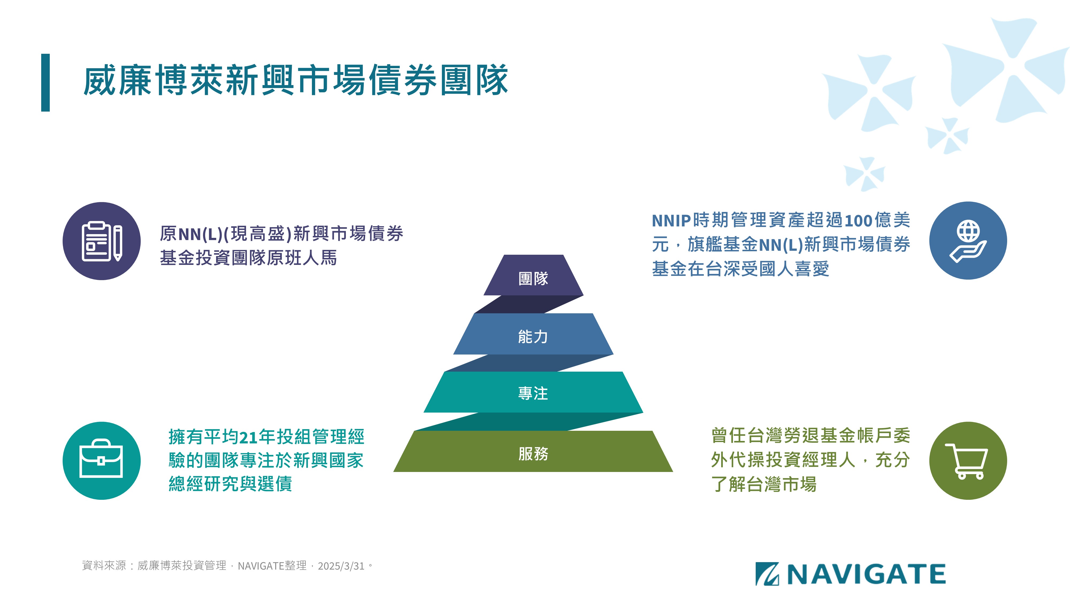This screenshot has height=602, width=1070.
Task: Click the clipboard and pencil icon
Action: (x=102, y=241)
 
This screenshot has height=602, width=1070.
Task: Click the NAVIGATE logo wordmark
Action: (x=866, y=574)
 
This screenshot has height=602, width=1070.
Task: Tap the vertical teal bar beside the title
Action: (x=45, y=83)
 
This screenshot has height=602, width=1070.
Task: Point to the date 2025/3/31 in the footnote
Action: (x=341, y=566)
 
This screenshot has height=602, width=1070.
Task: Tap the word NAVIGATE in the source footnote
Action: (x=261, y=566)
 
